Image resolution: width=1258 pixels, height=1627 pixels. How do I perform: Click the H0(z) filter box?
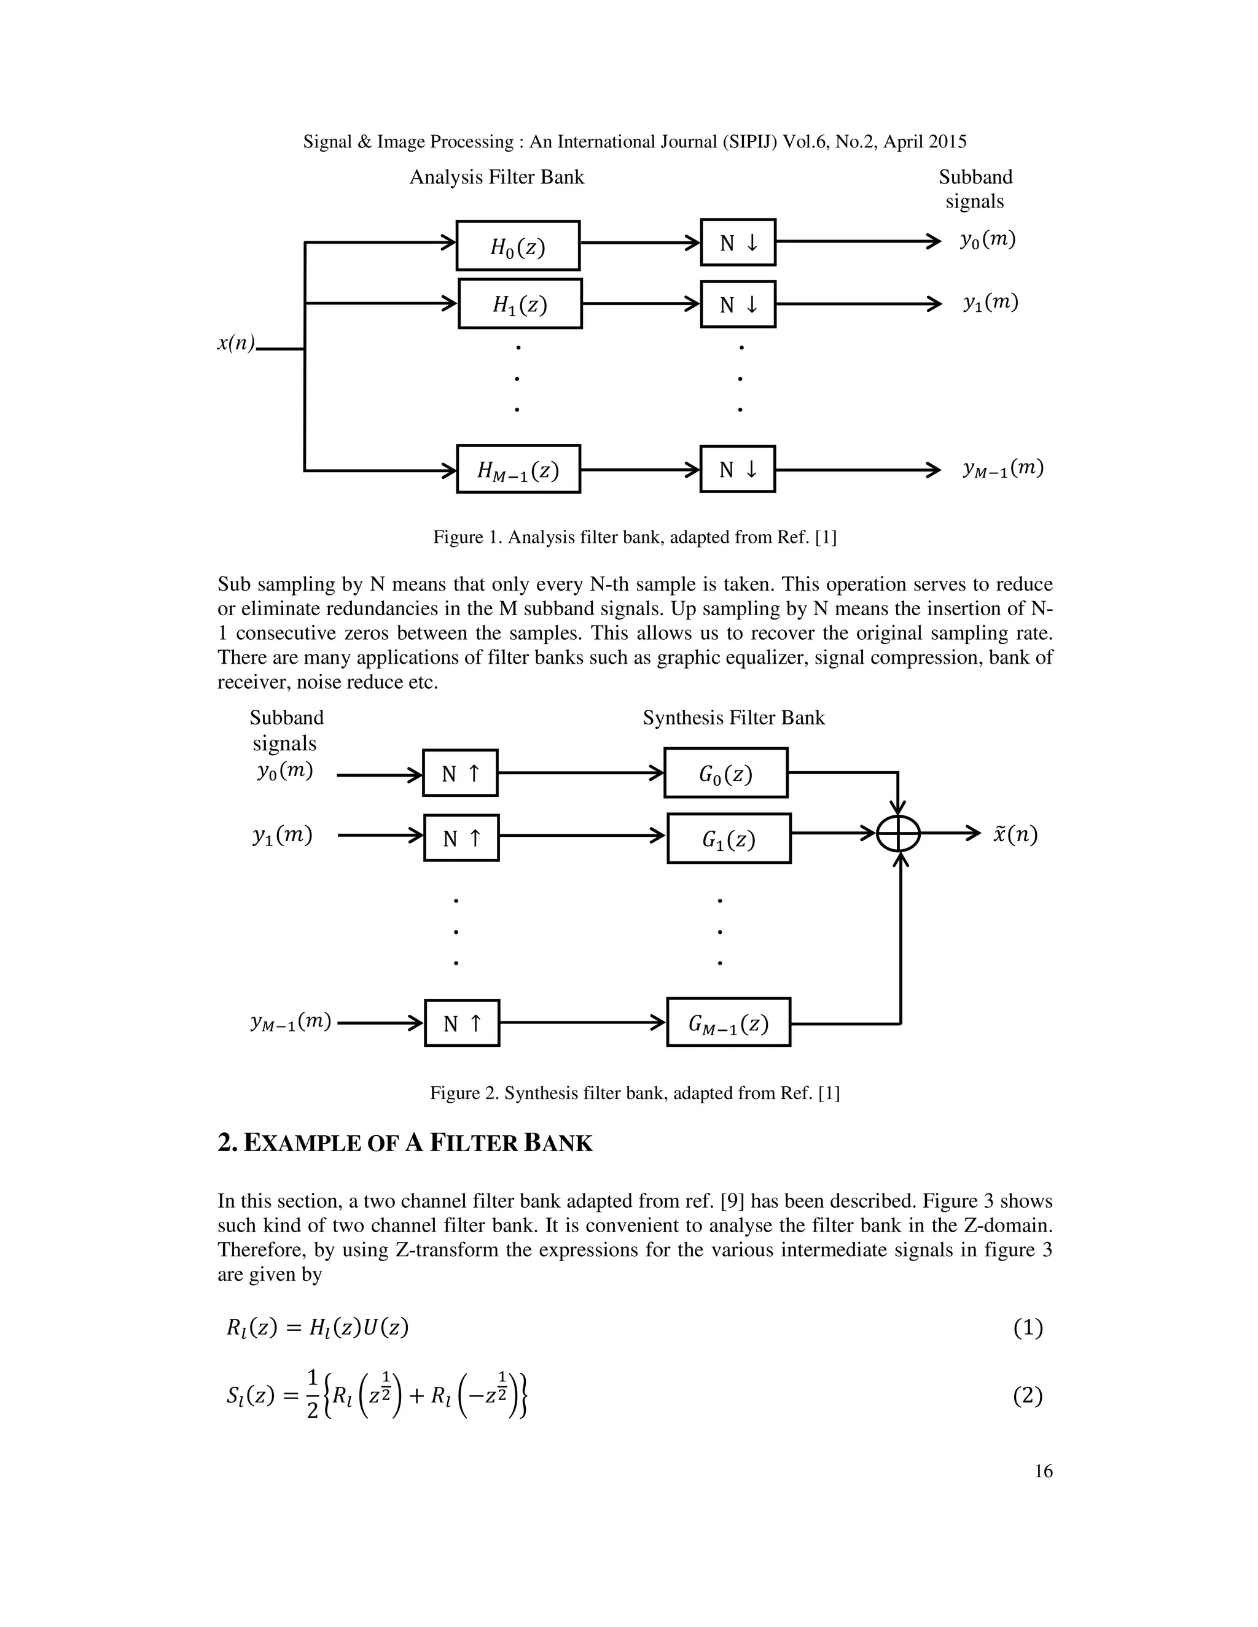click(x=518, y=246)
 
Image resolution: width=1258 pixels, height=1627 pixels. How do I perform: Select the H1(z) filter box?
click(x=520, y=304)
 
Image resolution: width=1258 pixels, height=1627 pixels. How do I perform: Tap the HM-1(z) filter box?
click(x=518, y=469)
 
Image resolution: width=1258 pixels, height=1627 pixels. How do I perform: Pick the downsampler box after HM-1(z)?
click(x=737, y=469)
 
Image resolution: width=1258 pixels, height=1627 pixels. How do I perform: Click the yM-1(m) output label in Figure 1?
click(x=1002, y=468)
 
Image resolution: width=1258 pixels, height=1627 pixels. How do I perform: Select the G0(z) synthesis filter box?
click(x=726, y=773)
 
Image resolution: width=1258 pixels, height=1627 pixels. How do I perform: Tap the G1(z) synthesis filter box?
click(x=728, y=839)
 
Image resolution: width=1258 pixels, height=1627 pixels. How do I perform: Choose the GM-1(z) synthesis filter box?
click(x=728, y=1022)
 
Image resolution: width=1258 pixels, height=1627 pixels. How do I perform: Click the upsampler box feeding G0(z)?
click(x=460, y=773)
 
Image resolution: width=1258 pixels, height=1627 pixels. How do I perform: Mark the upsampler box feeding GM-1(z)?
click(x=461, y=1023)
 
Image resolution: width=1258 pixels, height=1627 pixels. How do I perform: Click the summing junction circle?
click(x=898, y=834)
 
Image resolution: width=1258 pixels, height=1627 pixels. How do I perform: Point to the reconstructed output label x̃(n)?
click(x=1015, y=834)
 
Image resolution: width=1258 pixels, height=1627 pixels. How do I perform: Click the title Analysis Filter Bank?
click(x=496, y=177)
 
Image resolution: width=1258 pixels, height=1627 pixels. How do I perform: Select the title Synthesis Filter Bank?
click(x=733, y=718)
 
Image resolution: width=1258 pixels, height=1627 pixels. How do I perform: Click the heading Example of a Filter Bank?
click(x=405, y=1144)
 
